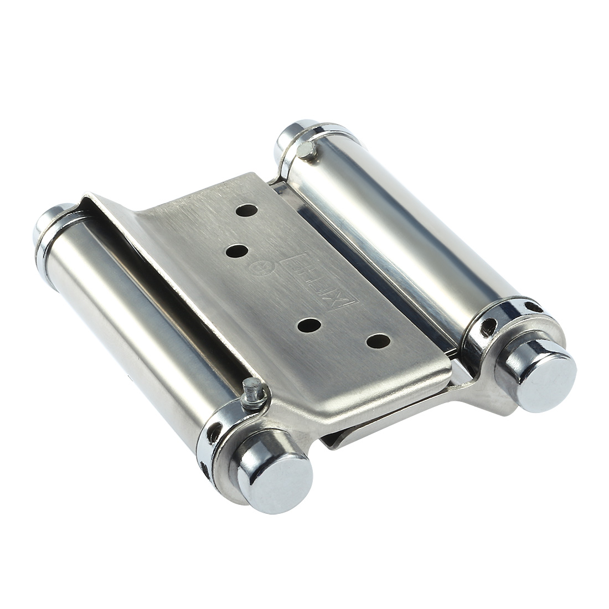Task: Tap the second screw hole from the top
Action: tap(237, 250)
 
